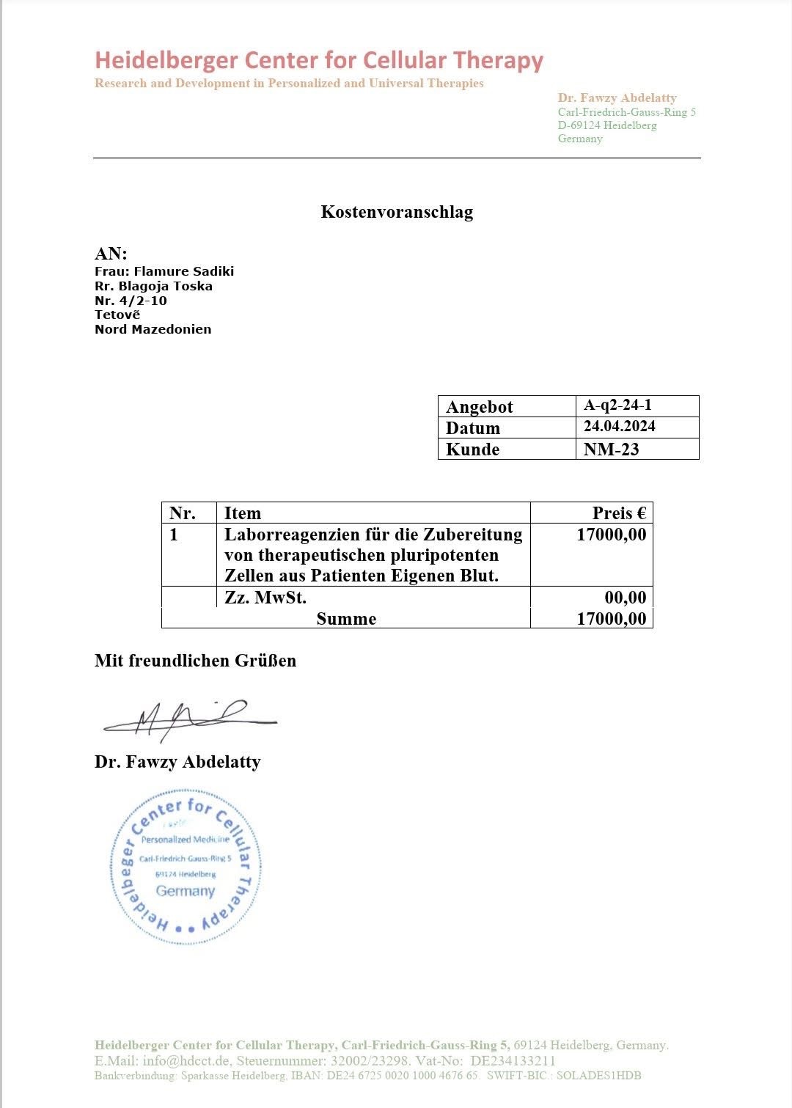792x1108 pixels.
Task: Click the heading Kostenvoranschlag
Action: tap(397, 212)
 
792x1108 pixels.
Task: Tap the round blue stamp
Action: tap(186, 867)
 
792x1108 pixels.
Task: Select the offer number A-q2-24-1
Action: tap(617, 405)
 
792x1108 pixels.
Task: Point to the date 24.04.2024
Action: tap(620, 426)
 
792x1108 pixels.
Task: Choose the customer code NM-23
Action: tap(611, 450)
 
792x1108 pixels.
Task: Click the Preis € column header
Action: tap(619, 513)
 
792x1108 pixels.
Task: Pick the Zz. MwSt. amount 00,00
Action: tap(626, 598)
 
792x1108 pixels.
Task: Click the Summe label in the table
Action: tap(346, 619)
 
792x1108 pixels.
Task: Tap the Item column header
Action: tap(243, 513)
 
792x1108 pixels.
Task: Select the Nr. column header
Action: tap(182, 513)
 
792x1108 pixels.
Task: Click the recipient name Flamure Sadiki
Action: tap(183, 271)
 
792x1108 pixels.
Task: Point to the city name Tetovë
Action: tap(117, 315)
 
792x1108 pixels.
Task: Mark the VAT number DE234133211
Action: tap(513, 1060)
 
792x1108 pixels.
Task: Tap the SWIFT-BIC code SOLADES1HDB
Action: tap(598, 1076)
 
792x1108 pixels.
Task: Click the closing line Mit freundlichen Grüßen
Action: tap(195, 661)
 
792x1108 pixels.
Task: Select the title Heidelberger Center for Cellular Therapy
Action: tap(319, 60)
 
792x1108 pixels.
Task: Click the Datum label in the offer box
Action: tap(472, 428)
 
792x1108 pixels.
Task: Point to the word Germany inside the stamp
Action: tap(185, 891)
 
